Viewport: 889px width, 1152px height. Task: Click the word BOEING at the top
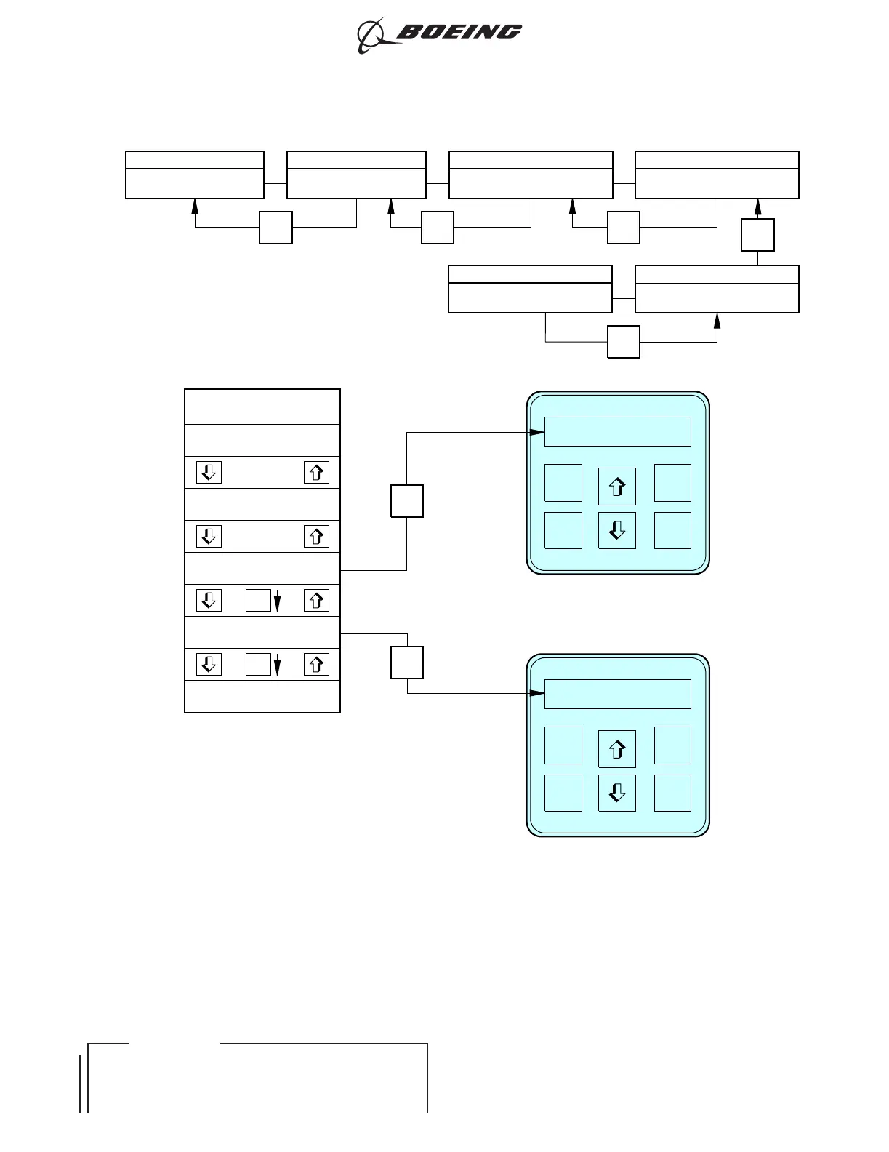459,31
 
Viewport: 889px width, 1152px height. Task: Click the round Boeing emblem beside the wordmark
372,35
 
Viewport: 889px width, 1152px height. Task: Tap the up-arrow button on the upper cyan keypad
617,487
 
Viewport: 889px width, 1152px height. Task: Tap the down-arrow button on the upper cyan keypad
617,530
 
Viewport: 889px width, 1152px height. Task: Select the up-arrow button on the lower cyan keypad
617,749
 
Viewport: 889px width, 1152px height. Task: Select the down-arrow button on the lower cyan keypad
617,793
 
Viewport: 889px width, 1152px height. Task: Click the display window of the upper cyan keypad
617,431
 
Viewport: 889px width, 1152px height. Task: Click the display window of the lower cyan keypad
617,694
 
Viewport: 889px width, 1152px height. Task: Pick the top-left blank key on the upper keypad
563,483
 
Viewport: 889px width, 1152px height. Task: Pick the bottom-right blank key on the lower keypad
672,793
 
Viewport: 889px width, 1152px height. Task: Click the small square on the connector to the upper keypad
407,501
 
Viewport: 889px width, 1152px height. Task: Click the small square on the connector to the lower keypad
407,663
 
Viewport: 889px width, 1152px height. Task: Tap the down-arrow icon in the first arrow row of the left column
209,473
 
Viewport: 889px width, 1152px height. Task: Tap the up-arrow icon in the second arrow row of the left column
316,537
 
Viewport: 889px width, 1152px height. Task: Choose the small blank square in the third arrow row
258,601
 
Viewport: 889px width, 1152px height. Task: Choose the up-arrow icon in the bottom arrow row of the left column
316,665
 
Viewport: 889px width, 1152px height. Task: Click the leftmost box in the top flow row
195,175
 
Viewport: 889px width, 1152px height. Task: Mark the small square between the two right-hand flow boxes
758,235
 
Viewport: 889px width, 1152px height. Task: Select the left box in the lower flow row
530,289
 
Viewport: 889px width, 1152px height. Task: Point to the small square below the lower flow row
624,342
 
